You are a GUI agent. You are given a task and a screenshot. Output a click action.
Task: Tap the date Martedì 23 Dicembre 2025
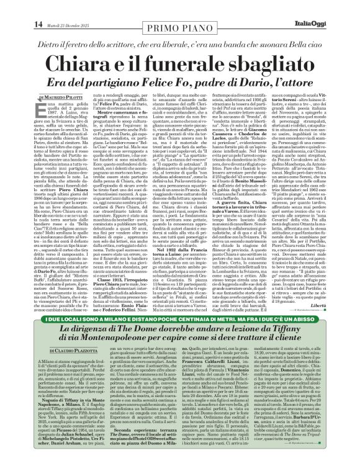click(x=51, y=7)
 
